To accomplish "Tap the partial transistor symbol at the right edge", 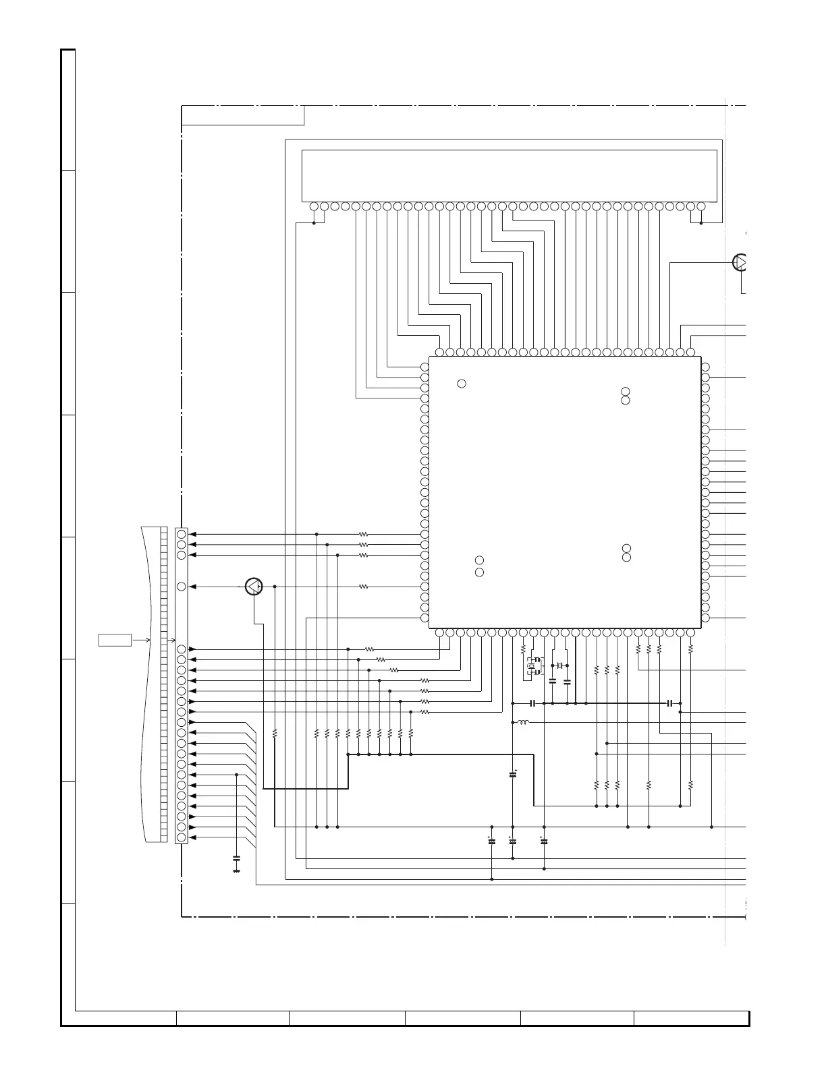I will tap(740, 262).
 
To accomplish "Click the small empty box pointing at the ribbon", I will tap(115, 639).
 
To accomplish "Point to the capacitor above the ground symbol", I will tap(236, 858).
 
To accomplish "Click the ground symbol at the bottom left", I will tap(236, 871).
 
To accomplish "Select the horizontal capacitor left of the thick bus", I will tap(533, 703).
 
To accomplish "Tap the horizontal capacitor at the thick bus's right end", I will tap(669, 703).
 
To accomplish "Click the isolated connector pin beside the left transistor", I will tap(181, 587).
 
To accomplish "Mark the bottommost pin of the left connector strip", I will tap(181, 837).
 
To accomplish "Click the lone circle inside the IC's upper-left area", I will tap(462, 384).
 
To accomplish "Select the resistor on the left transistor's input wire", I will tap(363, 587).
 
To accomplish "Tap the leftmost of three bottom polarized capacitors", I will tap(491, 841).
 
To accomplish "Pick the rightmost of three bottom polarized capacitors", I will tap(544, 841).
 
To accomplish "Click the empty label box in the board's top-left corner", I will tap(243, 115).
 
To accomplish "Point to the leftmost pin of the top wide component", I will tap(314, 206).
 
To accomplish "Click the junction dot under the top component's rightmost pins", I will tap(701, 223).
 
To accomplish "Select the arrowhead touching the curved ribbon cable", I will tap(148, 639).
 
